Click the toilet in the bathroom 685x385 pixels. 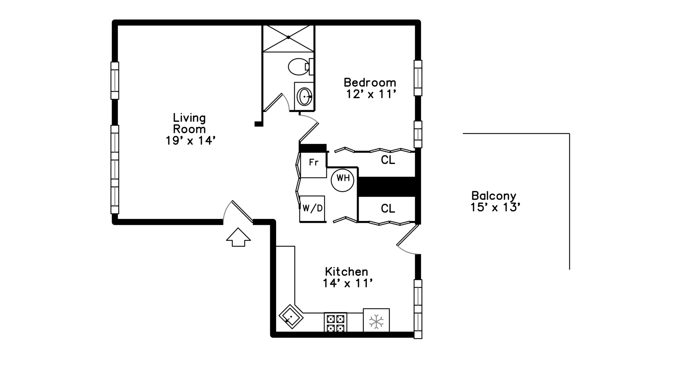pos(299,67)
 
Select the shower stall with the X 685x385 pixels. pos(288,37)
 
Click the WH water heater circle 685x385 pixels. pos(342,180)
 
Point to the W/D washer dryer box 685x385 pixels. pos(312,209)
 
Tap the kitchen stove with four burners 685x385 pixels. pos(335,322)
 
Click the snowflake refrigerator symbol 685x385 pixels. pos(376,320)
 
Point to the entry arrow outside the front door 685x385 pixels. pos(238,237)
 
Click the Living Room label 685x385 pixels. pos(190,129)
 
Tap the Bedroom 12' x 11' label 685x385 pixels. pos(370,88)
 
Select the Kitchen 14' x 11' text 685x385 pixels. pos(347,277)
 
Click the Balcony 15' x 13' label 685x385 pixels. pos(494,201)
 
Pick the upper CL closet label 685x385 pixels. pos(388,160)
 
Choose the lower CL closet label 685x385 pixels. pos(388,209)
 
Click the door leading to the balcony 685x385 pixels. pos(408,235)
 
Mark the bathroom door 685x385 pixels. pos(273,103)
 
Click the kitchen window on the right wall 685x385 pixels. pos(418,309)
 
